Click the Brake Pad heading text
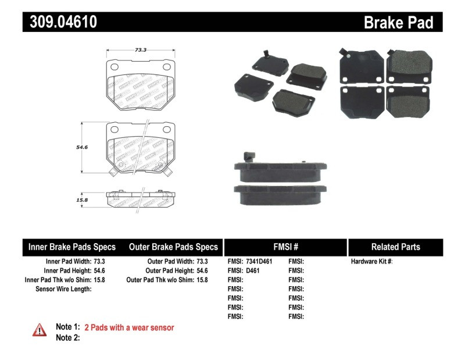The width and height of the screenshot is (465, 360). tap(398, 23)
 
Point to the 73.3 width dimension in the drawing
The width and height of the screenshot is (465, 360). tap(140, 51)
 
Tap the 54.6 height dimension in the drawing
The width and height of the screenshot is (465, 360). tap(83, 147)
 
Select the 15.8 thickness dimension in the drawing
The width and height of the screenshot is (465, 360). tap(83, 200)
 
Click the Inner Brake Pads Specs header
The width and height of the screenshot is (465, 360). tap(72, 247)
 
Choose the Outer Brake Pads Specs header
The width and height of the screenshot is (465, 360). tap(173, 247)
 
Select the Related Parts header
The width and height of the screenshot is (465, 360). tap(395, 247)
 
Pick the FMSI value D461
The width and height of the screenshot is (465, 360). tap(254, 270)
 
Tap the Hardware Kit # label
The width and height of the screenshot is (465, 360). tap(371, 262)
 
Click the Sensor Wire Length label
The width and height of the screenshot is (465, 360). tap(63, 288)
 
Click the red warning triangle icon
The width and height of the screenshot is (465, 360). tap(40, 330)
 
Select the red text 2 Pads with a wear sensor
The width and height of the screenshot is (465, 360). tap(129, 327)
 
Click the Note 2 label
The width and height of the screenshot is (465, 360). tap(67, 337)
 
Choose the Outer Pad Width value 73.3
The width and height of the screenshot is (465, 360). tap(202, 262)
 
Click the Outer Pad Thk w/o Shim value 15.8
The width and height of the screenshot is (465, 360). tap(202, 280)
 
